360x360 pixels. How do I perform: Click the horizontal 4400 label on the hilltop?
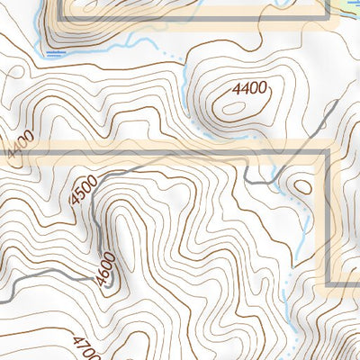tap(250, 88)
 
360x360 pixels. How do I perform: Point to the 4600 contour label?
tap(106, 267)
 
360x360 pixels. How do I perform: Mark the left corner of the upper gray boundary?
tap(62, 16)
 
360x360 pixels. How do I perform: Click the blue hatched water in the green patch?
tap(346, 4)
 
